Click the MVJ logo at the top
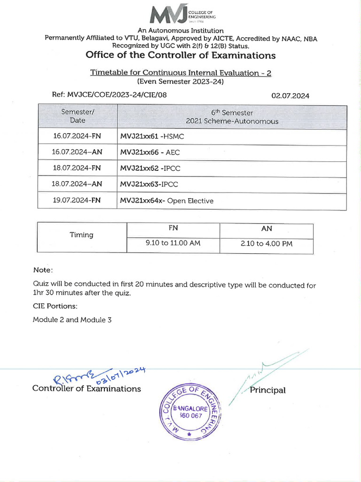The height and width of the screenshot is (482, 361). pyautogui.click(x=182, y=15)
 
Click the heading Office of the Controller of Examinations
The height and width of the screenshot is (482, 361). pyautogui.click(x=180, y=56)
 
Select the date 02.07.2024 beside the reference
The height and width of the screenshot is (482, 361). pyautogui.click(x=290, y=96)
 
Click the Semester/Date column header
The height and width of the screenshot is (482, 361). pyautogui.click(x=78, y=116)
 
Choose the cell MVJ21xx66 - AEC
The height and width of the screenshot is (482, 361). pyautogui.click(x=150, y=153)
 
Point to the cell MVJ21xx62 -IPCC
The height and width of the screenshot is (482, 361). pyautogui.click(x=150, y=168)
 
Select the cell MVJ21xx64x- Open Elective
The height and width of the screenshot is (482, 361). pyautogui.click(x=166, y=201)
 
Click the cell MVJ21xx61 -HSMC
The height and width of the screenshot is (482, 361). pyautogui.click(x=152, y=136)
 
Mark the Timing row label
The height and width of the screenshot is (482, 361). pyautogui.click(x=81, y=235)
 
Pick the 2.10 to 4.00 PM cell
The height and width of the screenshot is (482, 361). pyautogui.click(x=266, y=244)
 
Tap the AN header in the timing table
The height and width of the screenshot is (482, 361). pyautogui.click(x=266, y=229)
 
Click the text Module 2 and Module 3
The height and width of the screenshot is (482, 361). pyautogui.click(x=72, y=320)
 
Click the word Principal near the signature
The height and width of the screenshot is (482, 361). pyautogui.click(x=267, y=390)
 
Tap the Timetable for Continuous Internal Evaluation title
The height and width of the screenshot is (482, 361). pyautogui.click(x=180, y=73)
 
